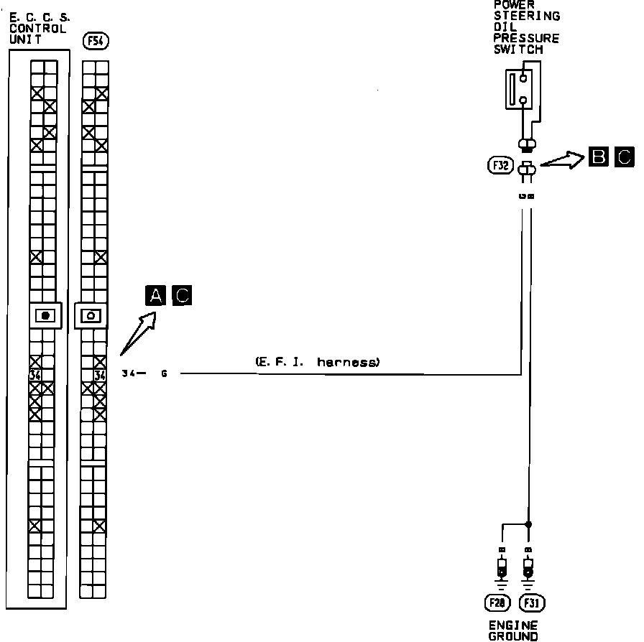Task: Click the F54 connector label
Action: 96,42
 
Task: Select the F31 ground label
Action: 530,601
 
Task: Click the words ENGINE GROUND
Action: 513,631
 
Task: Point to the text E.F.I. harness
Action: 317,363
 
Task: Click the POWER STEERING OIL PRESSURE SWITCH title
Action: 526,27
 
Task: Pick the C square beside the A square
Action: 183,295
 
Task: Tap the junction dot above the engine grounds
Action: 529,524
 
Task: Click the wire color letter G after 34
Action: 164,373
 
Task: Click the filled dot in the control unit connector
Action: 46,315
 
